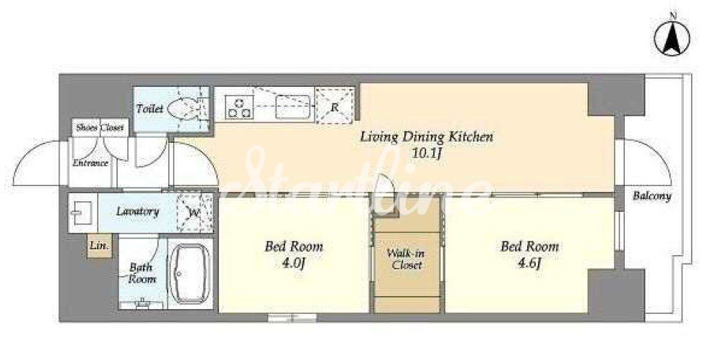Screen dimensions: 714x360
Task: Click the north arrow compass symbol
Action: point(672,39)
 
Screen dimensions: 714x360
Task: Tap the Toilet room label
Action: point(150,109)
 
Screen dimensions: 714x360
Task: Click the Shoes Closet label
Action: point(100,128)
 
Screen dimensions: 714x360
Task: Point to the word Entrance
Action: point(91,162)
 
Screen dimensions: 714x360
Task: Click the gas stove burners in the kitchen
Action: point(239,108)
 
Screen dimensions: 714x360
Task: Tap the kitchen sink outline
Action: point(293,108)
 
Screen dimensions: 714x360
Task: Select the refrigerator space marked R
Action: point(334,106)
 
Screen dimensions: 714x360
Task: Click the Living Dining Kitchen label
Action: point(427,137)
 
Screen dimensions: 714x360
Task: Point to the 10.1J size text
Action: point(427,153)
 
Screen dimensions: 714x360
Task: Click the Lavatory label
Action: point(137,211)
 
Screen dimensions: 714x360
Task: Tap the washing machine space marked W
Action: point(195,213)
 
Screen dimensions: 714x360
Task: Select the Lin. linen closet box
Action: point(99,246)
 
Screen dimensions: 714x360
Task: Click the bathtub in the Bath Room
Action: point(190,274)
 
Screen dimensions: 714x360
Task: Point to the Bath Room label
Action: point(142,273)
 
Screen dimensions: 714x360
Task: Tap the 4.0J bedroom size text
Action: point(293,263)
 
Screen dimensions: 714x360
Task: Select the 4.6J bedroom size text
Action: point(529,263)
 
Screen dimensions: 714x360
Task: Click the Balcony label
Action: point(652,196)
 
